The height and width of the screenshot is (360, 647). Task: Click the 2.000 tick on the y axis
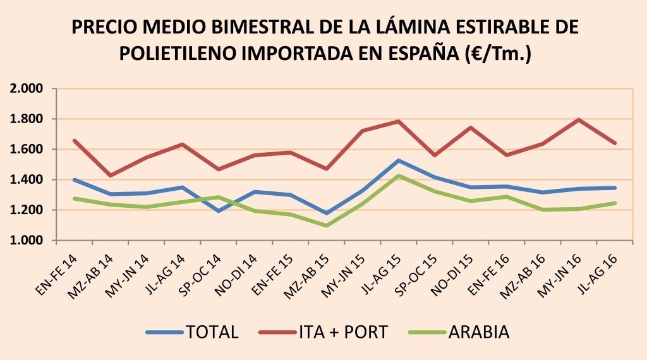pyautogui.click(x=27, y=88)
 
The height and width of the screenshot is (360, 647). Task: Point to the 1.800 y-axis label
pyautogui.click(x=27, y=119)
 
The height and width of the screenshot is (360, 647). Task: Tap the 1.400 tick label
pyautogui.click(x=27, y=180)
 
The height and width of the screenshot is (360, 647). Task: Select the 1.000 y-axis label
pyautogui.click(x=27, y=241)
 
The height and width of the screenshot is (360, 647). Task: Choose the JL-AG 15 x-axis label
pyautogui.click(x=377, y=270)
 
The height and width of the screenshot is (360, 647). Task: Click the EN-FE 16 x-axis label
pyautogui.click(x=485, y=270)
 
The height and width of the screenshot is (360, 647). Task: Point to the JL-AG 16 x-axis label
pyautogui.click(x=594, y=270)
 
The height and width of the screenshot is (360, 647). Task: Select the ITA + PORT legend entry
pyautogui.click(x=335, y=332)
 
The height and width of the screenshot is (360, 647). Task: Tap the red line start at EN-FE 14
pyautogui.click(x=75, y=140)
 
